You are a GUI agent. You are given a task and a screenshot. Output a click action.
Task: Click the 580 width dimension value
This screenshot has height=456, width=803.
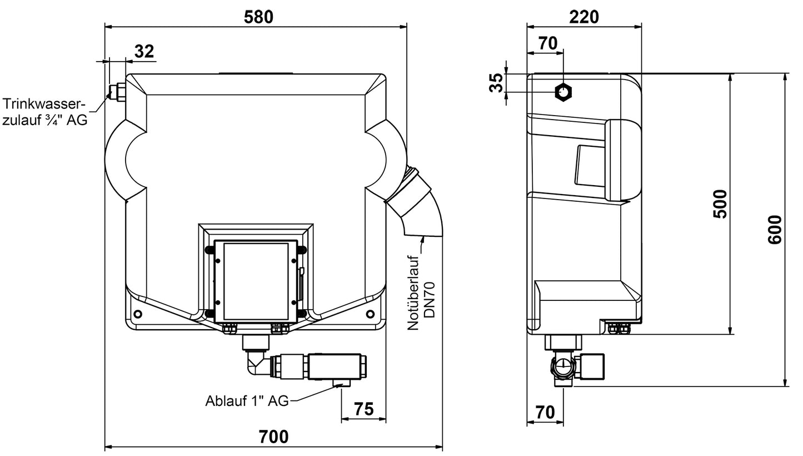259,17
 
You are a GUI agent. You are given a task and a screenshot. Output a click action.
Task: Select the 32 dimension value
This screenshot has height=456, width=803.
144,51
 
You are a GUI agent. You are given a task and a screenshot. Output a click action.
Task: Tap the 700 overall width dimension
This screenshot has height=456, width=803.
274,437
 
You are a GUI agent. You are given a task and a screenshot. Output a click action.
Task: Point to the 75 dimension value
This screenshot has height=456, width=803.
363,409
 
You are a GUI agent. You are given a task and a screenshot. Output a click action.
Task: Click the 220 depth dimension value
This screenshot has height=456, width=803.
584,17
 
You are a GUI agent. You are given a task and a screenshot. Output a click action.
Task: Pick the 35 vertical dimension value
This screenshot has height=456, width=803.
497,82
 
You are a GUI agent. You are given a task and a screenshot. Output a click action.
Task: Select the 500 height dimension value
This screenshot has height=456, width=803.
720,204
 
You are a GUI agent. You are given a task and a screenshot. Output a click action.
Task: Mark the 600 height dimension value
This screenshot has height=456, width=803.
775,229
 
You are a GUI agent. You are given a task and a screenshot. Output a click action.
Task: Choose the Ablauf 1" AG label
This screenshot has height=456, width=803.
247,401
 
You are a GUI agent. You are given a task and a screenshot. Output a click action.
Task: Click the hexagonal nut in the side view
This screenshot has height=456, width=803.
563,92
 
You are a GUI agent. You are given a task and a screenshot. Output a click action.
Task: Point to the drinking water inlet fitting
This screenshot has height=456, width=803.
118,91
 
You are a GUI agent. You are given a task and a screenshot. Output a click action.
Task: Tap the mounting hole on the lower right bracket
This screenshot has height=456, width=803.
371,314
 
